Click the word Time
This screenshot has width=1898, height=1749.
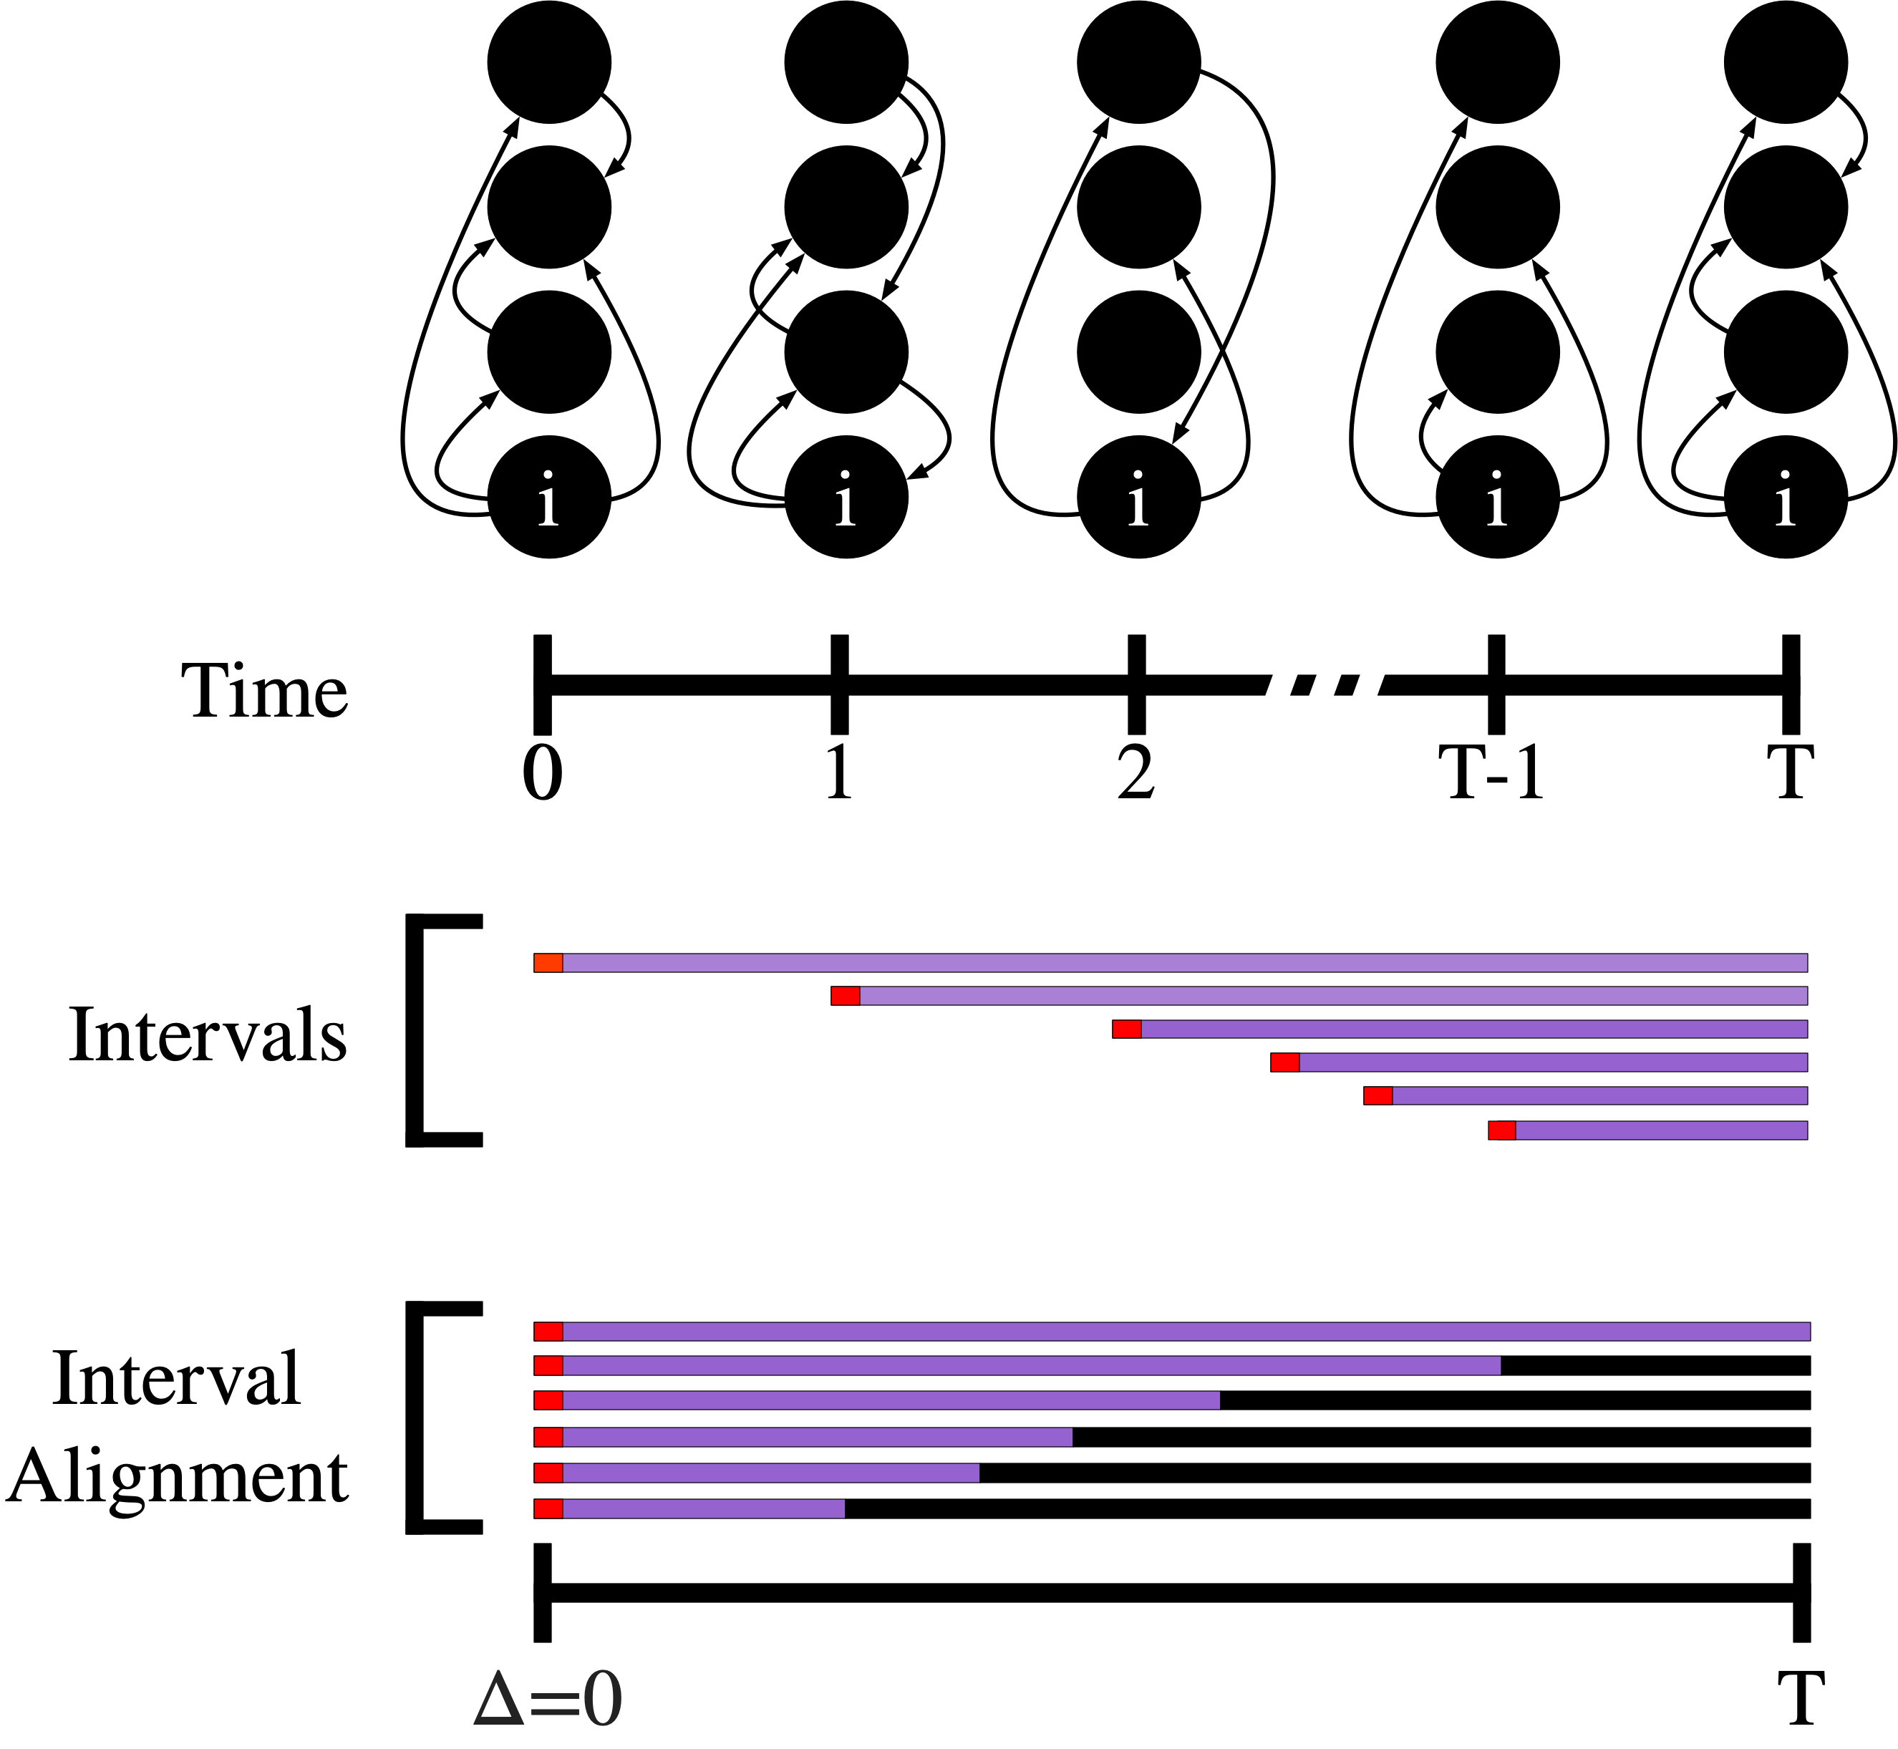[x=264, y=691]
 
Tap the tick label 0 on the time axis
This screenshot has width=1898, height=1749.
[x=543, y=773]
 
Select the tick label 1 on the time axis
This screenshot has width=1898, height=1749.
[x=838, y=773]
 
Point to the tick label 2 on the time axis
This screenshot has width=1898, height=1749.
[x=1136, y=773]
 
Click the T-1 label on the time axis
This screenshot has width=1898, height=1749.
[x=1496, y=773]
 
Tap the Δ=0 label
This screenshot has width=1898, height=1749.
[x=547, y=1700]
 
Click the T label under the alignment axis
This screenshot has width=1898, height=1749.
[x=1799, y=1700]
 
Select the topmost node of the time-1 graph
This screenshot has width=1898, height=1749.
[x=846, y=62]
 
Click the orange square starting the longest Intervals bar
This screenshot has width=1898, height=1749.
[x=548, y=962]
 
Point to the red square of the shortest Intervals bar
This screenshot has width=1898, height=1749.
[x=1501, y=1130]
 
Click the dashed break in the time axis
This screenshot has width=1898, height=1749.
[x=1323, y=683]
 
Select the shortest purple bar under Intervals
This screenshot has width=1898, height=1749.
[x=1660, y=1130]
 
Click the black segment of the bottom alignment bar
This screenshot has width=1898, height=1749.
[x=1325, y=1508]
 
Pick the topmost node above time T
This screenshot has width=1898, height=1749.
[x=1786, y=62]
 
